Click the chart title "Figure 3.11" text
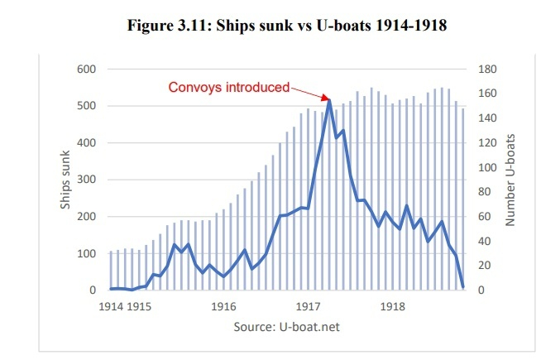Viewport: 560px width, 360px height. point(170,26)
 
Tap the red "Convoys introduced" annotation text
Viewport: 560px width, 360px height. point(229,87)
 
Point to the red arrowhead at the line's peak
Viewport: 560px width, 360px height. point(326,98)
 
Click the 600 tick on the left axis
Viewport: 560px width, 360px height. point(86,70)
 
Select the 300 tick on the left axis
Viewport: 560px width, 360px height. point(86,180)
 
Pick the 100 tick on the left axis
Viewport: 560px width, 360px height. point(86,253)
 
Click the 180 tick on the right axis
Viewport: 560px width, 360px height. point(487,70)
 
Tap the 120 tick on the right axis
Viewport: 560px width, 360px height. point(487,143)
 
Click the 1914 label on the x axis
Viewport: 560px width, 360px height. point(111,307)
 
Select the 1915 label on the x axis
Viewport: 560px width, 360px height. point(139,307)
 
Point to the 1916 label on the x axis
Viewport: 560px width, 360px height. point(223,307)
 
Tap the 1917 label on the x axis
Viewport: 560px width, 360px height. point(309,307)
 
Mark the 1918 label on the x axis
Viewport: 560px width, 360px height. point(393,307)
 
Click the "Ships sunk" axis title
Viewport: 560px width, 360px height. point(65,180)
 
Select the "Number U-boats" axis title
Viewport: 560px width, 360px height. point(510,180)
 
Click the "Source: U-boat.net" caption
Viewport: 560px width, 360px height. point(286,327)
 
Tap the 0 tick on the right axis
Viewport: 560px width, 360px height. point(481,290)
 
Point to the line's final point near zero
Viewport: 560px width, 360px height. point(463,287)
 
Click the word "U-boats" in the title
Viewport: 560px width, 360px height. point(344,26)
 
